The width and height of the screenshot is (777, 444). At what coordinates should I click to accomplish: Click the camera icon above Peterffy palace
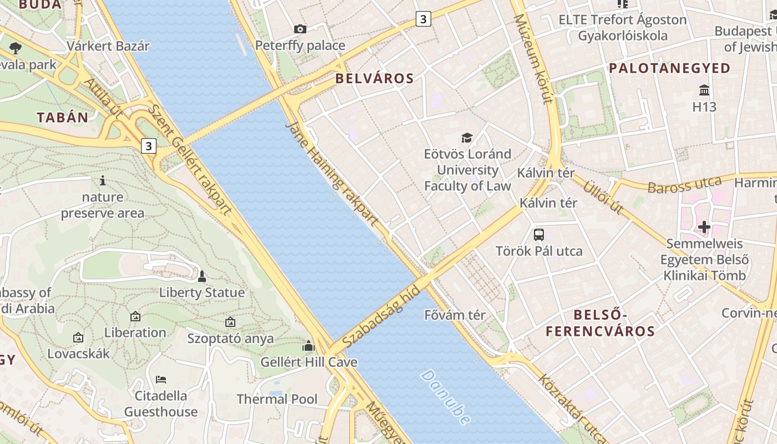pyautogui.click(x=300, y=29)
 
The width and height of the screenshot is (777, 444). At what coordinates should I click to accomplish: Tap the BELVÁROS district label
pyautogui.click(x=375, y=78)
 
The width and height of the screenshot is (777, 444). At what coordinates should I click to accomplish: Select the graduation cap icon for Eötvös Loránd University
pyautogui.click(x=467, y=138)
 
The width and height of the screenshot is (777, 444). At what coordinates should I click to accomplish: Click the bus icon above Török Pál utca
pyautogui.click(x=539, y=234)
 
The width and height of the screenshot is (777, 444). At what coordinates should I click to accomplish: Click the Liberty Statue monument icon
pyautogui.click(x=202, y=276)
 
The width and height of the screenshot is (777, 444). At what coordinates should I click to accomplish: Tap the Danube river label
pyautogui.click(x=446, y=397)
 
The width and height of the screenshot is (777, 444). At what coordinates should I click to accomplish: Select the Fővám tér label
pyautogui.click(x=455, y=315)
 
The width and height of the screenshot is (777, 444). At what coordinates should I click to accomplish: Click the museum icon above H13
pyautogui.click(x=704, y=90)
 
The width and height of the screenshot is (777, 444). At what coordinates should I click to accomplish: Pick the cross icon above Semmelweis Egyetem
pyautogui.click(x=704, y=227)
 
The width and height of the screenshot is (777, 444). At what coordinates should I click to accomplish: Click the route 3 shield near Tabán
pyautogui.click(x=148, y=146)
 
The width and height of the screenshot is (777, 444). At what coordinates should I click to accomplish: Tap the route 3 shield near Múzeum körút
pyautogui.click(x=423, y=19)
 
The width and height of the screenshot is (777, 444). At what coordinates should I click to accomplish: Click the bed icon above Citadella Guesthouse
pyautogui.click(x=161, y=380)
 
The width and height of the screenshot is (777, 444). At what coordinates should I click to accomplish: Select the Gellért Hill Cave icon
pyautogui.click(x=309, y=346)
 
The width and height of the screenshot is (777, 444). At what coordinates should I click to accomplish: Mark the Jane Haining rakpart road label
pyautogui.click(x=331, y=173)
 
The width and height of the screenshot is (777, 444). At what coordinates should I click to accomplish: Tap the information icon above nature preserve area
pyautogui.click(x=102, y=180)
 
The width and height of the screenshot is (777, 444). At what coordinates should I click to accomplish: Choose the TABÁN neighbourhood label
pyautogui.click(x=63, y=117)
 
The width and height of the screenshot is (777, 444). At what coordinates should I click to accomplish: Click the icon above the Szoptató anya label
pyautogui.click(x=230, y=322)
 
